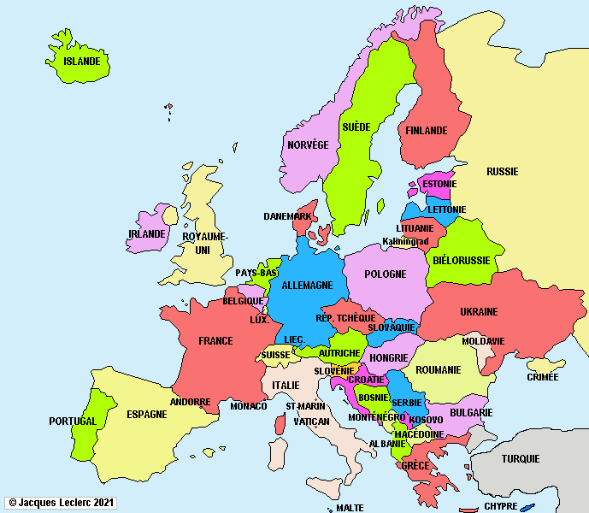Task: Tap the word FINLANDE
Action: coord(426,131)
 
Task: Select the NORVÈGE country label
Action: coord(308,145)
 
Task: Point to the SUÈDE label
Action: coord(356,127)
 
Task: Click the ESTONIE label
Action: coord(439,184)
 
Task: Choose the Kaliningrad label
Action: coord(404,242)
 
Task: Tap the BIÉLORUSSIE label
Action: coord(462,260)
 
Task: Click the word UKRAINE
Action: coord(479,312)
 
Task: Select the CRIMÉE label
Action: coord(542,377)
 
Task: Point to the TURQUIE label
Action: coord(520,459)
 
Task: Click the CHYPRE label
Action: coord(501,506)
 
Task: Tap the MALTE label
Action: coord(350,507)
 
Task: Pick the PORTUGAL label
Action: coord(73,422)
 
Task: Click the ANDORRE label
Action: coord(190,402)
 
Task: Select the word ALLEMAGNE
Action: coord(307,286)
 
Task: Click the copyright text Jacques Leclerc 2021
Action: coord(62,503)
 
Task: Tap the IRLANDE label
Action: coord(146,234)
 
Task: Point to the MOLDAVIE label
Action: coord(483,341)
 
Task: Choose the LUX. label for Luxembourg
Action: coord(258,320)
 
